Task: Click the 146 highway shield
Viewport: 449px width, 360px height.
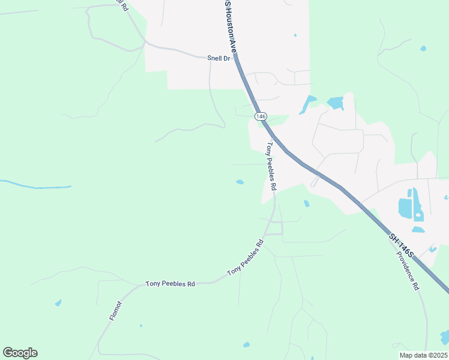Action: tap(260, 116)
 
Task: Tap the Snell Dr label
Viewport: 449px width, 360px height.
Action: tap(219, 58)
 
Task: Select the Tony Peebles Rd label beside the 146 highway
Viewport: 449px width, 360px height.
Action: tap(271, 166)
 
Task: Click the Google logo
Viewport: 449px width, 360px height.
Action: tap(20, 353)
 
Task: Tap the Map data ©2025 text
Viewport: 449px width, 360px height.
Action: tap(423, 355)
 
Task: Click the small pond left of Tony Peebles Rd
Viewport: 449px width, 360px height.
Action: tap(240, 182)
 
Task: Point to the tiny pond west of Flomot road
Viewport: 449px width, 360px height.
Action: tap(58, 303)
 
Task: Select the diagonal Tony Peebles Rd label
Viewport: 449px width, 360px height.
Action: tap(246, 258)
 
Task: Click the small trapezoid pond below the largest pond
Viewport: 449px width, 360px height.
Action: tap(418, 229)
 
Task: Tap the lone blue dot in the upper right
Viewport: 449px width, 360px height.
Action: tap(423, 48)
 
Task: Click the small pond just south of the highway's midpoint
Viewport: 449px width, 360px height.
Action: tap(307, 203)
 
